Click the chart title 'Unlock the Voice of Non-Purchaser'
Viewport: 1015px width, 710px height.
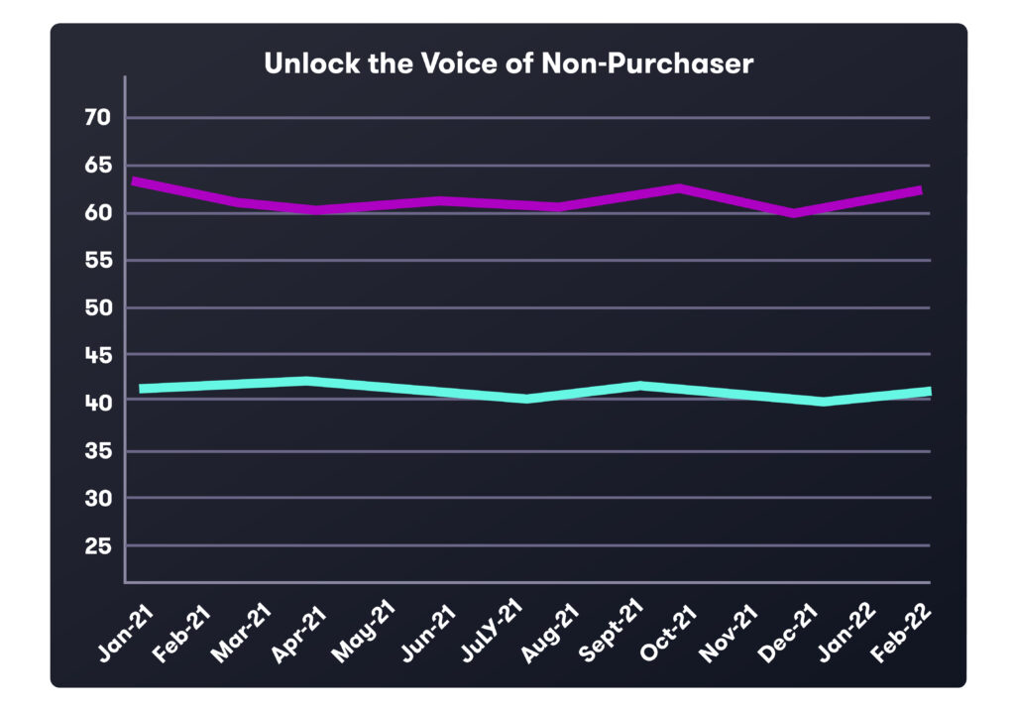click(x=507, y=63)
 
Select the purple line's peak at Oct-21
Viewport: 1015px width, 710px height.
click(x=679, y=187)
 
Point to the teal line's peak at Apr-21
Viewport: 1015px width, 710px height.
click(x=309, y=381)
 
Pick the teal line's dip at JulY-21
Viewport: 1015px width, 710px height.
click(x=527, y=399)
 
